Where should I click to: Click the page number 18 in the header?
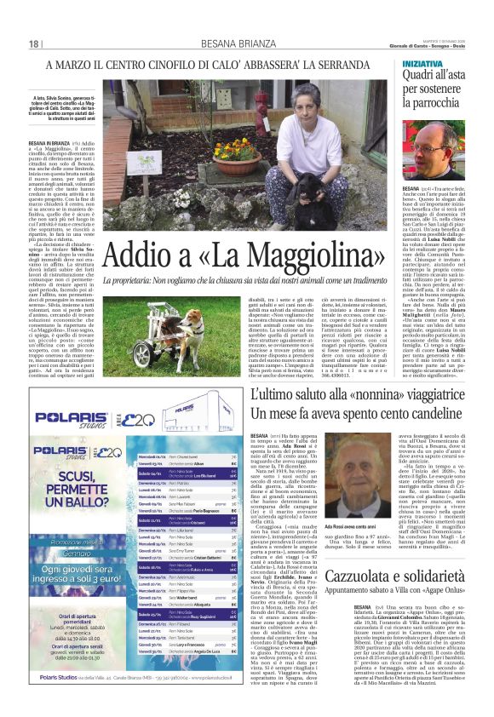33,43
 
